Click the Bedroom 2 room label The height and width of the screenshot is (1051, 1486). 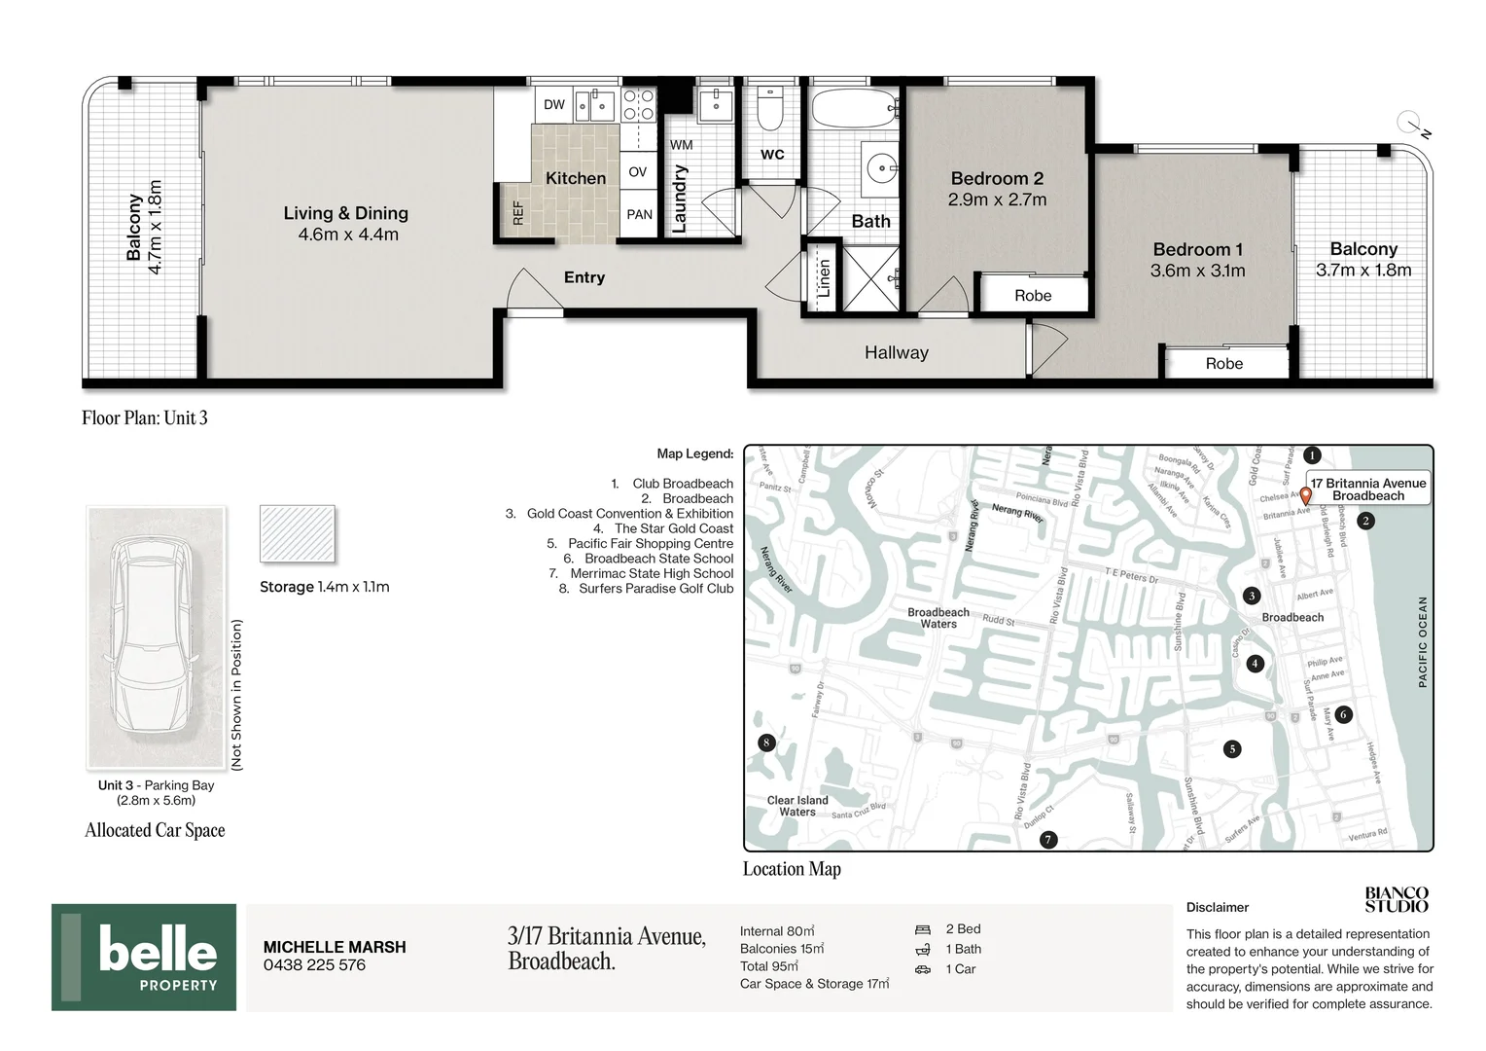997,179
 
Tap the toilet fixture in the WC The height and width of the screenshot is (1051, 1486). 769,110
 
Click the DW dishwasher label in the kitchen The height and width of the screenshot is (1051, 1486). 553,105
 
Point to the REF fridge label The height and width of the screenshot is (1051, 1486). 517,212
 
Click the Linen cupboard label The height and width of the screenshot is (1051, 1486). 824,278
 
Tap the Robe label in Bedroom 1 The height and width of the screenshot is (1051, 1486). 1223,364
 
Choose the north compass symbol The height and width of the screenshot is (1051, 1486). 1411,124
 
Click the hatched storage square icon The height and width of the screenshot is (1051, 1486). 298,533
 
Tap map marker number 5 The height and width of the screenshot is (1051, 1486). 1232,749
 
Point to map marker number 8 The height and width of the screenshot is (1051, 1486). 766,743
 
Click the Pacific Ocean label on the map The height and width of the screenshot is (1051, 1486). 1423,642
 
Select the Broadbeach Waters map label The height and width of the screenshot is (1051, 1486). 938,618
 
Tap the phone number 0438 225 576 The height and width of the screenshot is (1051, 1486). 314,965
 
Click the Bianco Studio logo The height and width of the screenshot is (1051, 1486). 1397,900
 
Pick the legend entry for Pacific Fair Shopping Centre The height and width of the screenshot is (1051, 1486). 650,544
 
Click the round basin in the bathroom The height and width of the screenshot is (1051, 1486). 883,167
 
